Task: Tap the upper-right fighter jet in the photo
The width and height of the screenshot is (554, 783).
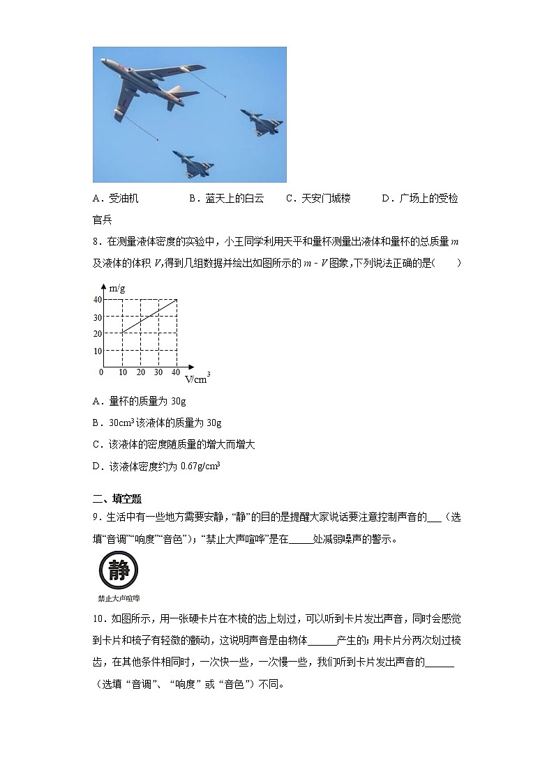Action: pyautogui.click(x=262, y=121)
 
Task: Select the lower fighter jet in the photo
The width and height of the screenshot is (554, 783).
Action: pyautogui.click(x=193, y=164)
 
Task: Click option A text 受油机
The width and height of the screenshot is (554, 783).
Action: pyautogui.click(x=116, y=199)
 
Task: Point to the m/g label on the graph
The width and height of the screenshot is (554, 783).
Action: pyautogui.click(x=117, y=287)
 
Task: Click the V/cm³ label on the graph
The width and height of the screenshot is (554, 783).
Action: pyautogui.click(x=197, y=379)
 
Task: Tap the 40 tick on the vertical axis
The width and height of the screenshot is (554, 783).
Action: pyautogui.click(x=98, y=300)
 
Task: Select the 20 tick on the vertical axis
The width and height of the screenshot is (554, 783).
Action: pyautogui.click(x=98, y=334)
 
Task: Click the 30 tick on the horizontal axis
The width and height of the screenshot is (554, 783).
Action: pyautogui.click(x=158, y=373)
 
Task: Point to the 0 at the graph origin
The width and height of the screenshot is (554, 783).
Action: pyautogui.click(x=101, y=372)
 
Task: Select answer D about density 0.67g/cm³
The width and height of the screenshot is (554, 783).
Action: pyautogui.click(x=156, y=466)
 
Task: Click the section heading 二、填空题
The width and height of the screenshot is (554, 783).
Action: pyautogui.click(x=117, y=499)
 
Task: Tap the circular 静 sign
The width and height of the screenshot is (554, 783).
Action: pyautogui.click(x=119, y=570)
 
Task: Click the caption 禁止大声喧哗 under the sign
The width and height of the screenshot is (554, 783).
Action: pyautogui.click(x=119, y=598)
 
